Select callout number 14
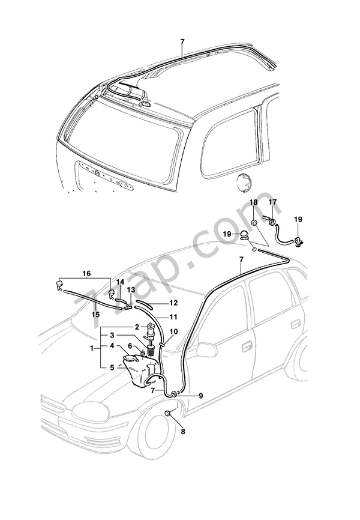(120, 282)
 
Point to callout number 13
(131, 290)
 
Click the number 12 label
(174, 303)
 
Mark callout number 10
(173, 331)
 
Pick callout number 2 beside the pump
(137, 327)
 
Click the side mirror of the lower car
(206, 349)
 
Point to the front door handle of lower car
(246, 346)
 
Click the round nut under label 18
(254, 222)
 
